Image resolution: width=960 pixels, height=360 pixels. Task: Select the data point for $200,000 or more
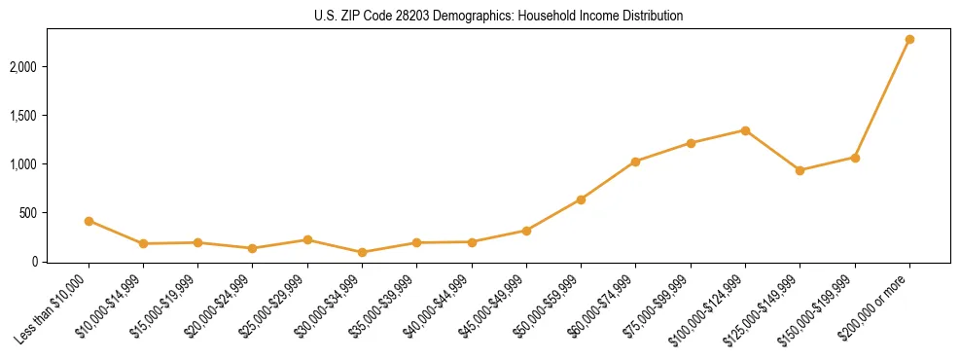coord(909,39)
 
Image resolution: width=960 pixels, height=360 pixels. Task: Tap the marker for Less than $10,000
coord(89,221)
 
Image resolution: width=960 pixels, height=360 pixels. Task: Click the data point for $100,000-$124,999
coord(745,130)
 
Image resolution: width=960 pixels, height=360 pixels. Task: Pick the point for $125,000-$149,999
coord(800,170)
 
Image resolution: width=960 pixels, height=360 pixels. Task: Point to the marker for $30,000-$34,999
coord(362,252)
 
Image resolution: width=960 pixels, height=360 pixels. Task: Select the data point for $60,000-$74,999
coord(635,162)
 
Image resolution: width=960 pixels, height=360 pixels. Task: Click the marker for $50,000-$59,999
coord(581,199)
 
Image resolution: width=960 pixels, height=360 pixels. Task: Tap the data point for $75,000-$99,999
coord(691,143)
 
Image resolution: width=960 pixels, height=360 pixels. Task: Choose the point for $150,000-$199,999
coord(855,158)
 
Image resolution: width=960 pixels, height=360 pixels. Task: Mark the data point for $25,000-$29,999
coord(307,239)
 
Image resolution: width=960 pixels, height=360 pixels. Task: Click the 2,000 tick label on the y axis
coord(23,67)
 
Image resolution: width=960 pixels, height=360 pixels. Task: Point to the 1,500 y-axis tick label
coord(23,116)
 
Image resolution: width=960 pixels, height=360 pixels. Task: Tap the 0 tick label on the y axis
coord(35,262)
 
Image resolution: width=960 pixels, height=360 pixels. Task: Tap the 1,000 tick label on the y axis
coord(23,164)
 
